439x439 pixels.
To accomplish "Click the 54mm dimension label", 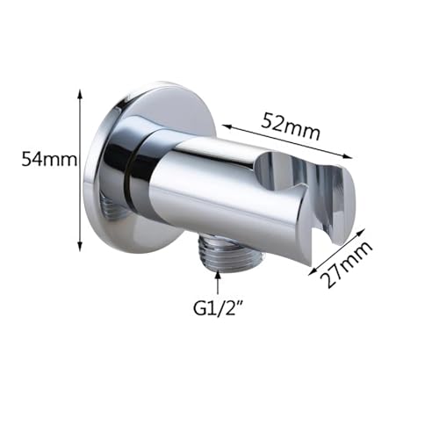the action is (x=49, y=161).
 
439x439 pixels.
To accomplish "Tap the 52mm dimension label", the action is (x=291, y=127).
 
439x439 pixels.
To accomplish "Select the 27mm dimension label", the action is (x=345, y=264).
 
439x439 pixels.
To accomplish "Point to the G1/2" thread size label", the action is (x=218, y=308).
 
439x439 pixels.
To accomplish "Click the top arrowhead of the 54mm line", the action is (x=80, y=94).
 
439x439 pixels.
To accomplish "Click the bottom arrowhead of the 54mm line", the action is (x=80, y=246).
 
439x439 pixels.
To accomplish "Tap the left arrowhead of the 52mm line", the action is (x=227, y=126).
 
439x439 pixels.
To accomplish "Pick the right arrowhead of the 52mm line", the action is (x=347, y=156).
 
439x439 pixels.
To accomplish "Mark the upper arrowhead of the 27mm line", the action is (x=361, y=233).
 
